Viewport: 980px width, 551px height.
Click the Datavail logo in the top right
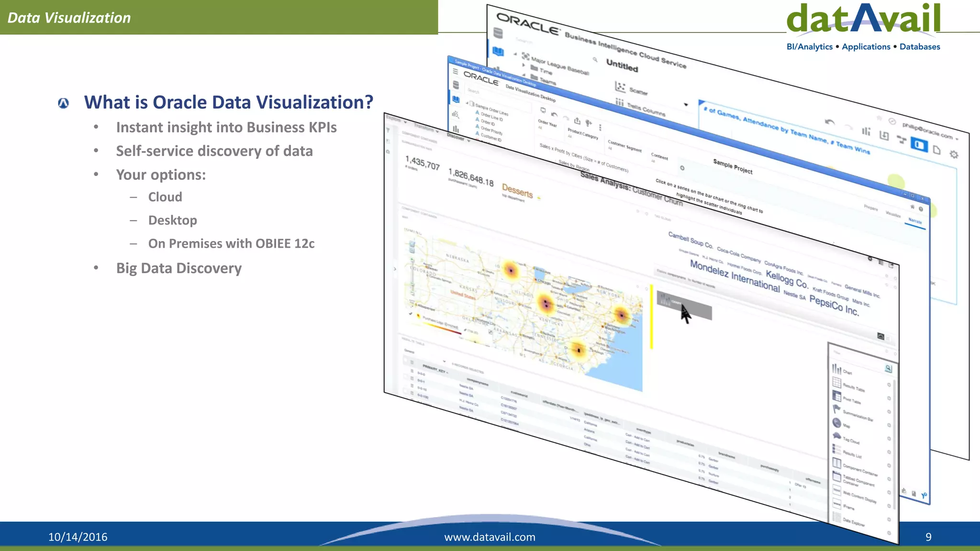point(863,19)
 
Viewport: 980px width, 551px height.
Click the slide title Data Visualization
point(69,18)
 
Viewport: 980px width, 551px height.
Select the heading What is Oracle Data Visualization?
point(228,102)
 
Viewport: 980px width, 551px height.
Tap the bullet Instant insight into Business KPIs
point(226,127)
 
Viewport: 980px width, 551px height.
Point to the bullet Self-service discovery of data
point(214,151)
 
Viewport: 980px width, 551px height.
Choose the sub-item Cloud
point(165,197)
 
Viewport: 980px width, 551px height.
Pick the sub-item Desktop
point(172,220)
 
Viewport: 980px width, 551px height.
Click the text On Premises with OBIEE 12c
point(231,243)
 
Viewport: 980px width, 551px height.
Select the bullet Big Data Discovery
point(178,268)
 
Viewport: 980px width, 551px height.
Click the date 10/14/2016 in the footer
point(78,537)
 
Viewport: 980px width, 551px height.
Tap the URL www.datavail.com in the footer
point(490,537)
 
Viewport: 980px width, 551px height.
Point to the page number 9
point(928,537)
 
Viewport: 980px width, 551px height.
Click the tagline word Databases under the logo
point(920,46)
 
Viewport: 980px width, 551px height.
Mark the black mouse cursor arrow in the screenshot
point(686,314)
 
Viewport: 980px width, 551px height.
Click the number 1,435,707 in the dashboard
point(422,163)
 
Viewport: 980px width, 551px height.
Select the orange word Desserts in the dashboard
point(517,190)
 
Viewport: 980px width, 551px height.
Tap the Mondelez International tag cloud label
point(735,276)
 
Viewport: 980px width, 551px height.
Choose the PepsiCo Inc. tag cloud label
point(834,305)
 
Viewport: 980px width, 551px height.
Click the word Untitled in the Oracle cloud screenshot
point(622,65)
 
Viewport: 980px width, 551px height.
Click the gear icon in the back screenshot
point(954,154)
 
